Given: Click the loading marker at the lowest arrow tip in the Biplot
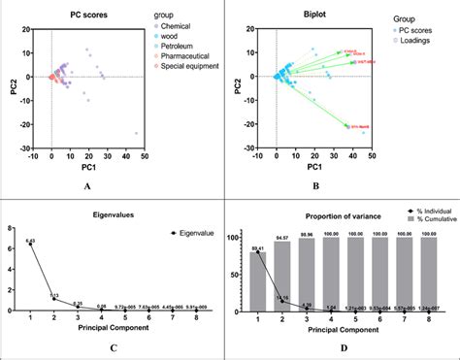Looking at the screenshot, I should (347, 126).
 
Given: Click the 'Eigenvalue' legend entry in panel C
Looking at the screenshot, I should (186, 232).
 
